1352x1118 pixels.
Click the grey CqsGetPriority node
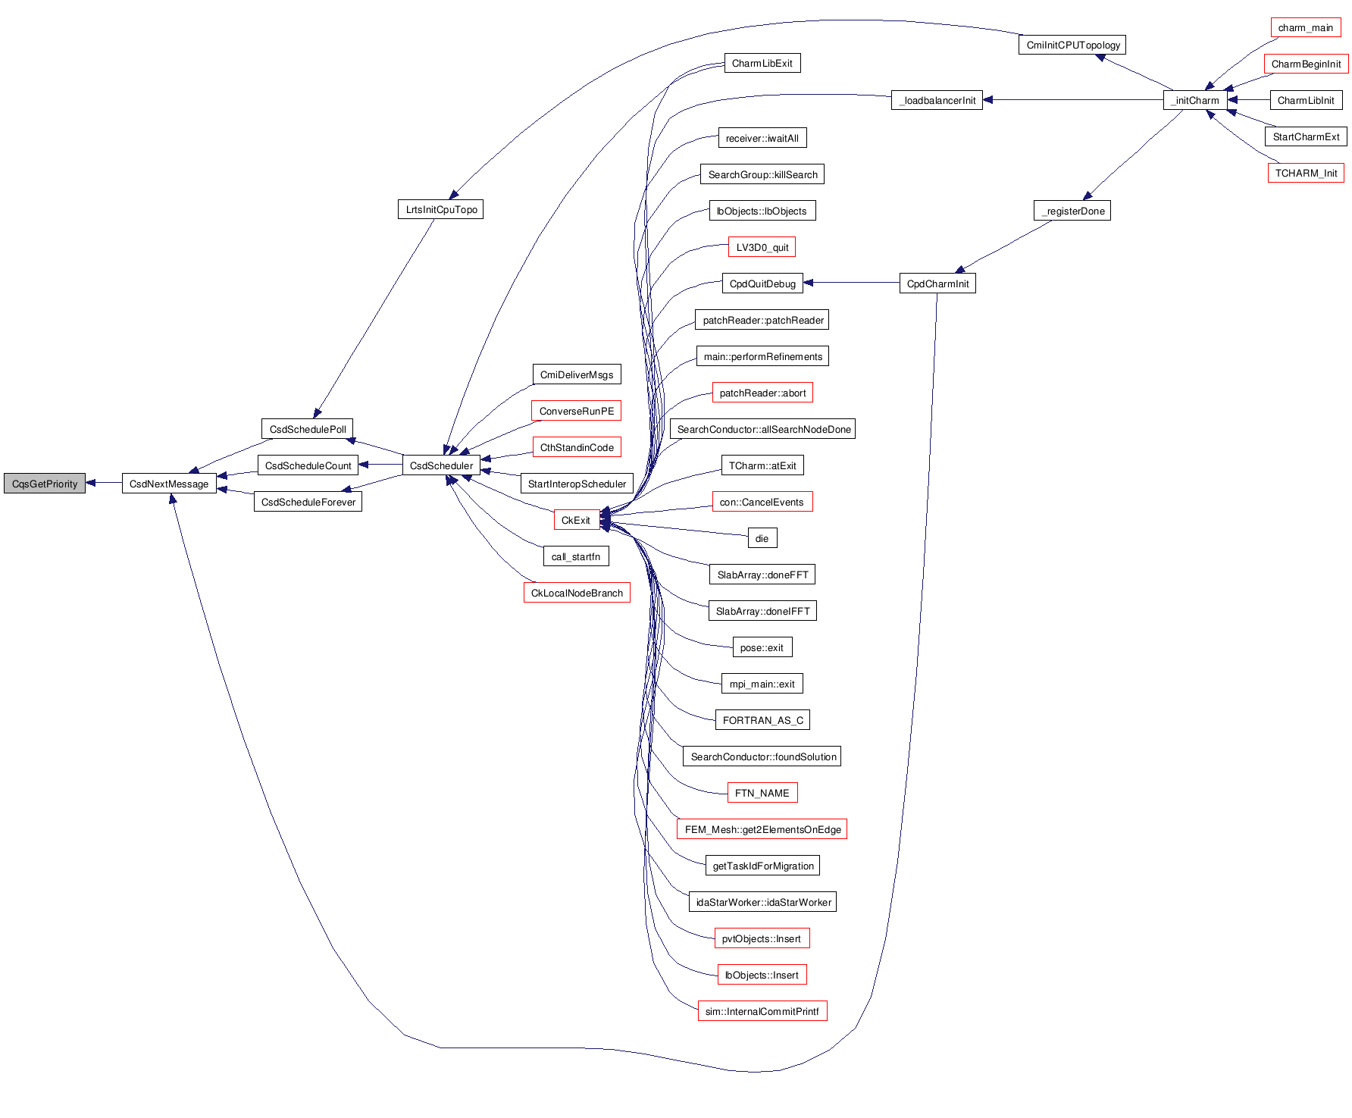(x=45, y=484)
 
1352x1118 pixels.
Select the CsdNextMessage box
(x=169, y=484)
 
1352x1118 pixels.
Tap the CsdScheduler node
(x=441, y=465)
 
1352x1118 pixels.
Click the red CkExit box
(x=576, y=520)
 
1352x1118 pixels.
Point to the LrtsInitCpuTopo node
(x=441, y=209)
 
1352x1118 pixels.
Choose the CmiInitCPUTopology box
(x=1072, y=45)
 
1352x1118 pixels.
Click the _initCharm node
(x=1195, y=100)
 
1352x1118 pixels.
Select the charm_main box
(x=1305, y=27)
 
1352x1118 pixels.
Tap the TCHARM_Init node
(x=1306, y=173)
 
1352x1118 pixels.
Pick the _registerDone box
(x=1072, y=211)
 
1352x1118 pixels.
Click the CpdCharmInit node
(x=937, y=283)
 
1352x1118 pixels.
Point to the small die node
(x=762, y=538)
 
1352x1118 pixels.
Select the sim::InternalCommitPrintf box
(x=762, y=1011)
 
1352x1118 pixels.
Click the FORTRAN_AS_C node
(x=762, y=720)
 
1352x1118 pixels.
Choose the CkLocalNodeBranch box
(x=577, y=593)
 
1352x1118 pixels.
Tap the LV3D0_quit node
(x=762, y=247)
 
